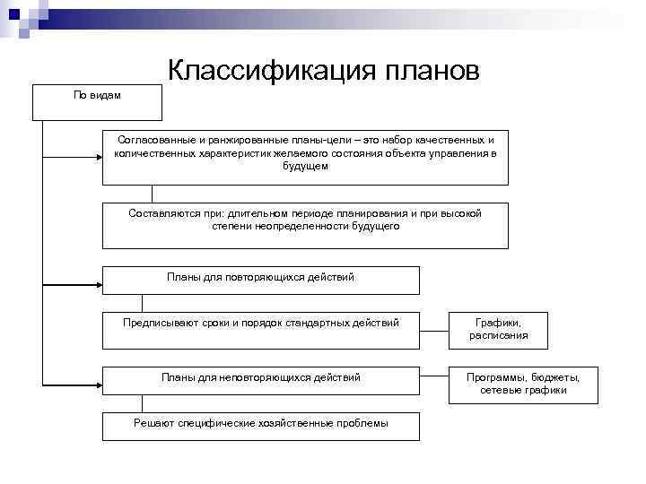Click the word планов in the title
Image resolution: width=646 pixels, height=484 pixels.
[432, 70]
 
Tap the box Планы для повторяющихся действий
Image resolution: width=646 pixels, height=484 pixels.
[260, 280]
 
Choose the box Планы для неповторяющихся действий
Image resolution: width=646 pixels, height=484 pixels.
[260, 380]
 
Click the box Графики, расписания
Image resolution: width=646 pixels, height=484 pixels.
[498, 330]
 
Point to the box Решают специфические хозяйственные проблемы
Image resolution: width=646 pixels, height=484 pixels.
[260, 425]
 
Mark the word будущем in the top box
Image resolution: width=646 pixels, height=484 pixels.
[305, 166]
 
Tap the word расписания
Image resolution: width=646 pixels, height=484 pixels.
[498, 336]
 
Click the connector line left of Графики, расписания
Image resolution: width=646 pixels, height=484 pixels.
[433, 330]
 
